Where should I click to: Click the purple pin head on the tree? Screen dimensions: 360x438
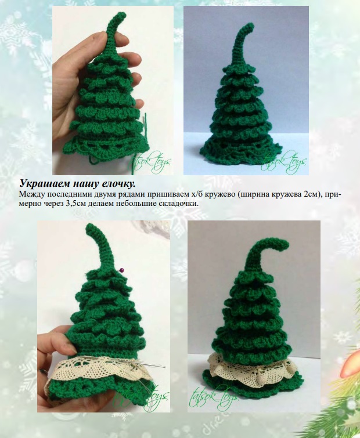coord(122,270)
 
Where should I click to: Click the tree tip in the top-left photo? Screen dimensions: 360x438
coord(120,16)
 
